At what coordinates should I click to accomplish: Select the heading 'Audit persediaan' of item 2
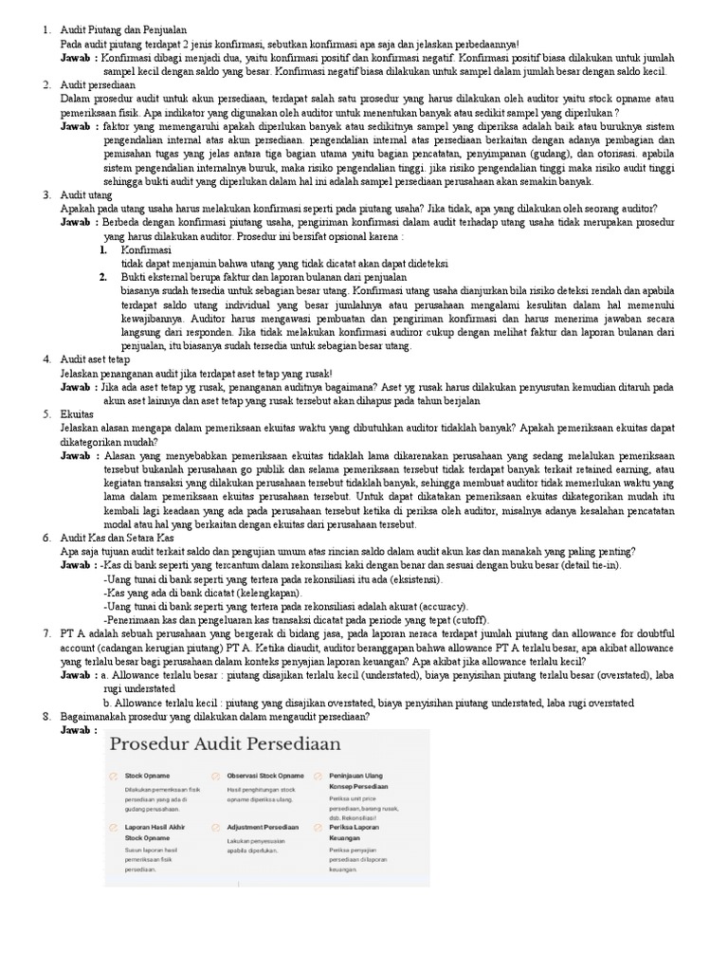[100, 84]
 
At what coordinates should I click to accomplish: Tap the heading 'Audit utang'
[88, 194]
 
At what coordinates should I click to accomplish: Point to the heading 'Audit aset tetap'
[95, 360]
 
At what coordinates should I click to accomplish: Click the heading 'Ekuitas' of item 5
[78, 414]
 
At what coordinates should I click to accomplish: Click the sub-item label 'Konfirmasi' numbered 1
[146, 249]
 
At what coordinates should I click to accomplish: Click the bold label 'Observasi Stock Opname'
[264, 776]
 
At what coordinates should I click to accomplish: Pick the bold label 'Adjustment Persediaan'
[263, 827]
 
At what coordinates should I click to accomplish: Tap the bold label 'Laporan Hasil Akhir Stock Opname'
[155, 833]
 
